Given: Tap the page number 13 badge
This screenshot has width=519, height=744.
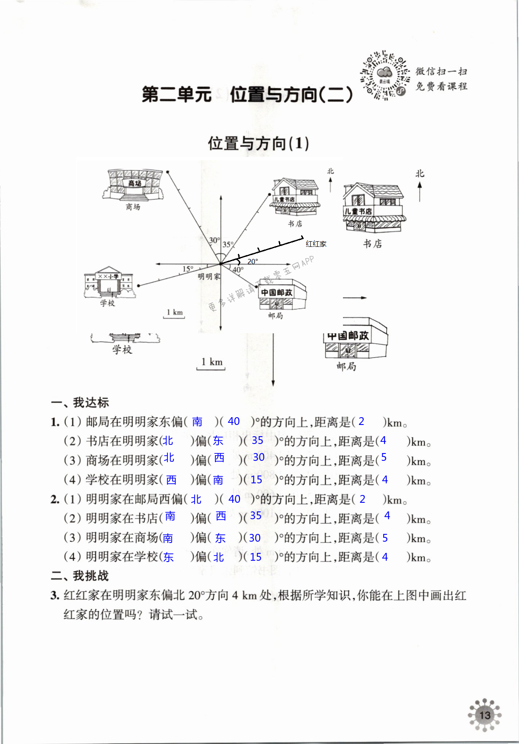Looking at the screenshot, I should (x=485, y=715).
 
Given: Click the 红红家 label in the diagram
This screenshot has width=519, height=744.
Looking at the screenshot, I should (x=316, y=244).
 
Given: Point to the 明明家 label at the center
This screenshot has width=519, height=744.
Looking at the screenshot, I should (x=209, y=277).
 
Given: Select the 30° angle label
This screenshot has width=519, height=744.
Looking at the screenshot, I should (x=215, y=240).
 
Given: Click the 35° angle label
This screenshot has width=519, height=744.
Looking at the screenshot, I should (x=228, y=245).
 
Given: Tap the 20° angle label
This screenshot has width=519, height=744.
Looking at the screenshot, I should (x=253, y=262).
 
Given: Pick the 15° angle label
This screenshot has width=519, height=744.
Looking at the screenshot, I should (x=188, y=269).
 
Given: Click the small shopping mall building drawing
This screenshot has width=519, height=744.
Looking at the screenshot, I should (x=134, y=186).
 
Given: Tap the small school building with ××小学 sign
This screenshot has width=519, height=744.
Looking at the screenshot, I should (x=109, y=283).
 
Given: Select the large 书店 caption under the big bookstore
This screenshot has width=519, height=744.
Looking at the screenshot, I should (x=372, y=244).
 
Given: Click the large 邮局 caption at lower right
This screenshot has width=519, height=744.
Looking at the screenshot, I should (x=346, y=367).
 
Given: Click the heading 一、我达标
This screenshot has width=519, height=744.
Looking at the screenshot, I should (x=80, y=402).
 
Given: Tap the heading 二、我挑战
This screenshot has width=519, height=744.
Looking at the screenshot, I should (x=80, y=576).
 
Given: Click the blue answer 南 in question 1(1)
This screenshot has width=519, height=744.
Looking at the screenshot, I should (x=197, y=422).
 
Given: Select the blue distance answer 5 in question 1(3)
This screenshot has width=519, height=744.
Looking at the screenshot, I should (x=384, y=458).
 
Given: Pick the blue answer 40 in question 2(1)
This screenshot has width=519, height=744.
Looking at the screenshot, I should (x=234, y=499).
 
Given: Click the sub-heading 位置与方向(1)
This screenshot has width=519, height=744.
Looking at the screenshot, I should (x=258, y=144).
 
